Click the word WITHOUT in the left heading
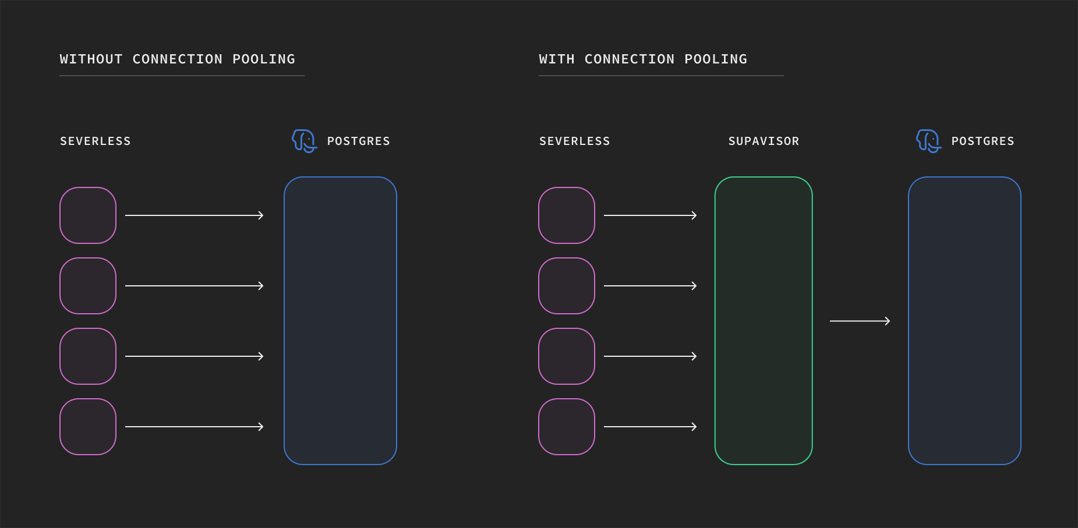[x=91, y=59]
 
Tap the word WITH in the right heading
[x=556, y=59]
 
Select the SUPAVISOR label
[x=764, y=141]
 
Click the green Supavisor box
[x=764, y=321]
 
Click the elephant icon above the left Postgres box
[x=304, y=141]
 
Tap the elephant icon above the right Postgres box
[x=928, y=141]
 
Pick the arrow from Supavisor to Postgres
[x=860, y=321]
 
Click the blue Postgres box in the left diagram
[x=340, y=321]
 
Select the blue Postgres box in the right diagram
[x=964, y=321]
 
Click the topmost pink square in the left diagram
[x=88, y=215]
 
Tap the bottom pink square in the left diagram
[x=88, y=427]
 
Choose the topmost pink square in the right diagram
[x=567, y=215]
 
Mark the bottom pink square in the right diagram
[x=567, y=427]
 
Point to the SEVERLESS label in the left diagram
[x=96, y=141]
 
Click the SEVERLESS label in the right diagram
[x=574, y=141]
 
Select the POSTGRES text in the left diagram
[x=358, y=141]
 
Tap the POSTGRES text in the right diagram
[x=982, y=141]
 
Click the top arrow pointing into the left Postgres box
[x=194, y=215]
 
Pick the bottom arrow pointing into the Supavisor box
[x=650, y=427]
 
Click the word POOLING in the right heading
[x=716, y=59]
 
